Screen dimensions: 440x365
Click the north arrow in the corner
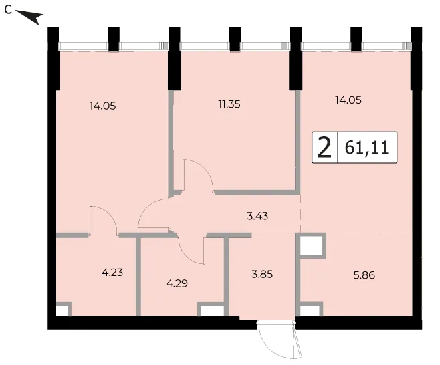[x=30, y=17]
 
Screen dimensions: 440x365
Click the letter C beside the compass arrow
[x=9, y=10]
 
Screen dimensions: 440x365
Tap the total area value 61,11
[x=366, y=148]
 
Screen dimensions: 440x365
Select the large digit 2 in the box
[x=325, y=147]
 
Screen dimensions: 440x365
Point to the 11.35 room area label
[x=229, y=104]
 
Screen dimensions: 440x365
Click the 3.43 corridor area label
[x=257, y=216]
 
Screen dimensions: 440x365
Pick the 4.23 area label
[x=112, y=273]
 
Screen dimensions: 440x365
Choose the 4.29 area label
[x=177, y=283]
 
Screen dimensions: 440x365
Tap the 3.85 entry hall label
[x=262, y=274]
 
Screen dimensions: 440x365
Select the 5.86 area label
[x=364, y=275]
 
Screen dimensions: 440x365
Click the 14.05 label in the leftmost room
[x=103, y=106]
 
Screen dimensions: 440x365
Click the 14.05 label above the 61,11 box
[x=348, y=100]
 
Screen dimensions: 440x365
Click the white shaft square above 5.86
[x=311, y=245]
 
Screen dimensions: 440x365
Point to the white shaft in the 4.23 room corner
[x=62, y=310]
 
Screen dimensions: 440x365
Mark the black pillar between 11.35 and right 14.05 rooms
[x=296, y=58]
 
